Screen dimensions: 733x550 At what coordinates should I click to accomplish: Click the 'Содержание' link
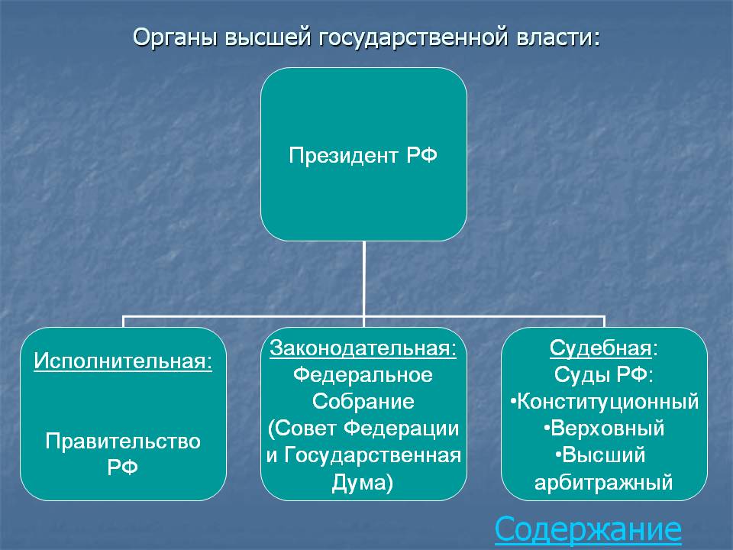pyautogui.click(x=588, y=529)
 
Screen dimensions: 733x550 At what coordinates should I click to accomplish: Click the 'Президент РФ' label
pyautogui.click(x=363, y=155)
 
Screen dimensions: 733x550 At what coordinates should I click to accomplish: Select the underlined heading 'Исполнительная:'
pyautogui.click(x=123, y=361)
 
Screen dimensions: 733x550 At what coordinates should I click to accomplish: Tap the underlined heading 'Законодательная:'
pyautogui.click(x=363, y=348)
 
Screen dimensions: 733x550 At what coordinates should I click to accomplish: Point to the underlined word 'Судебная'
pyautogui.click(x=601, y=348)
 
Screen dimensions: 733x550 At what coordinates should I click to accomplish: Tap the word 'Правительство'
pyautogui.click(x=123, y=442)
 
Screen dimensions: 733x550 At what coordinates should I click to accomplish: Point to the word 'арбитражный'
pyautogui.click(x=603, y=482)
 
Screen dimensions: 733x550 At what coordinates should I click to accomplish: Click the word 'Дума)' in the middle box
pyautogui.click(x=363, y=482)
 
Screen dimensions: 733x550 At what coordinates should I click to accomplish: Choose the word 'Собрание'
pyautogui.click(x=363, y=401)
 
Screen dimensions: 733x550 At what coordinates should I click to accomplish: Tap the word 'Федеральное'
pyautogui.click(x=363, y=375)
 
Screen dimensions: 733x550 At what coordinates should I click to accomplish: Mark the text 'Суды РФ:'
pyautogui.click(x=603, y=375)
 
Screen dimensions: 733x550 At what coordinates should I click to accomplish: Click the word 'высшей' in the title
pyautogui.click(x=268, y=37)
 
